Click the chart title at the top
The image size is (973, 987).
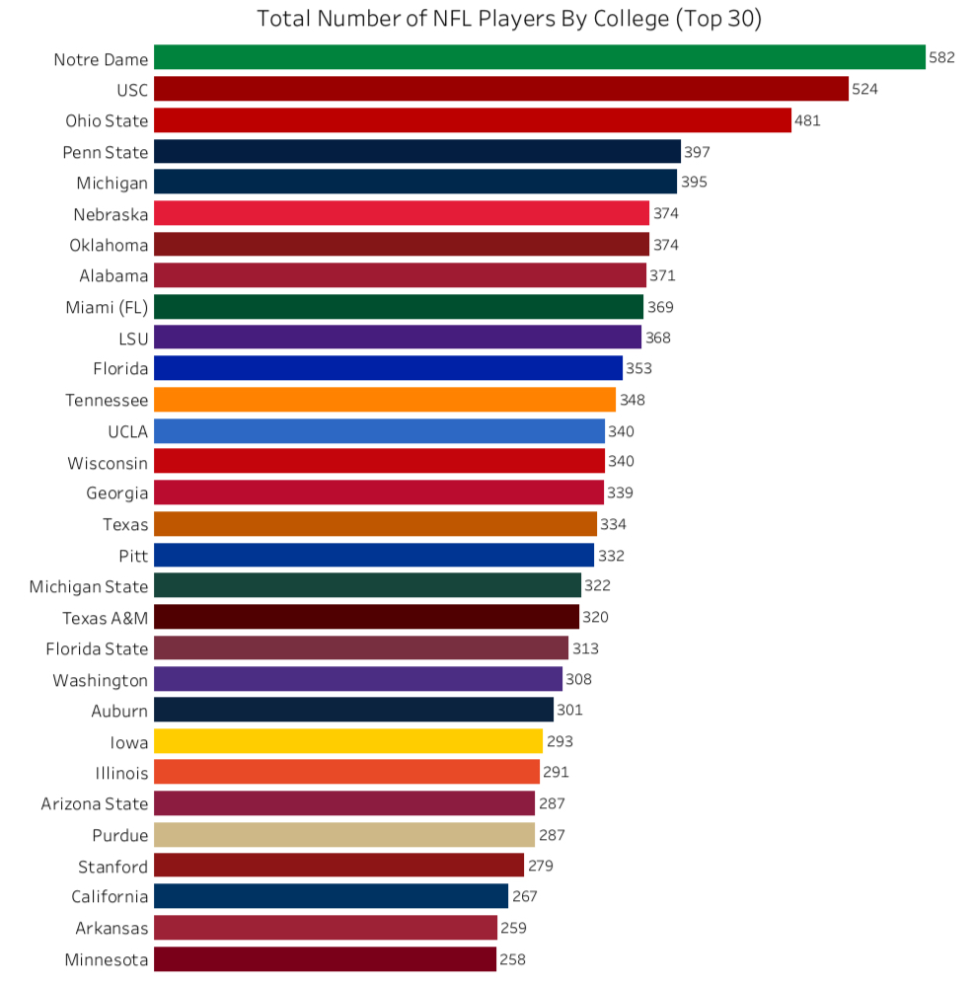[x=508, y=19]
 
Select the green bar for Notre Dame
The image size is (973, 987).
[x=539, y=58]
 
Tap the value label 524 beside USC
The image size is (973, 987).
[x=865, y=90]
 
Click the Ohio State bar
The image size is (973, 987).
[x=473, y=120]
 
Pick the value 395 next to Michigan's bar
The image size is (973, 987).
[x=694, y=183]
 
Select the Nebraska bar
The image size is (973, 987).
[x=402, y=213]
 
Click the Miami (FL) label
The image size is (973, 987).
[x=107, y=307]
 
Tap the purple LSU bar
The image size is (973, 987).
[x=398, y=338]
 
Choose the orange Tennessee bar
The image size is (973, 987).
[x=385, y=400]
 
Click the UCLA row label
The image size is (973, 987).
[x=127, y=431]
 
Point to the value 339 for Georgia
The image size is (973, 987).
[x=621, y=493]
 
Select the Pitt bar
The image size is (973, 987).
[x=374, y=555]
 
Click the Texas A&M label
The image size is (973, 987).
[x=105, y=618]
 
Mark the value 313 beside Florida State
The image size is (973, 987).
[x=585, y=648]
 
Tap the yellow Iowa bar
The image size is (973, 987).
[x=348, y=741]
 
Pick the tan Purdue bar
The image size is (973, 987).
[x=344, y=835]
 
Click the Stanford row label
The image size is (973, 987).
[x=112, y=867]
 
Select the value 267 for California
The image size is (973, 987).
[x=525, y=896]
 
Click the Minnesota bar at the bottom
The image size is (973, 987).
[x=325, y=959]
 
